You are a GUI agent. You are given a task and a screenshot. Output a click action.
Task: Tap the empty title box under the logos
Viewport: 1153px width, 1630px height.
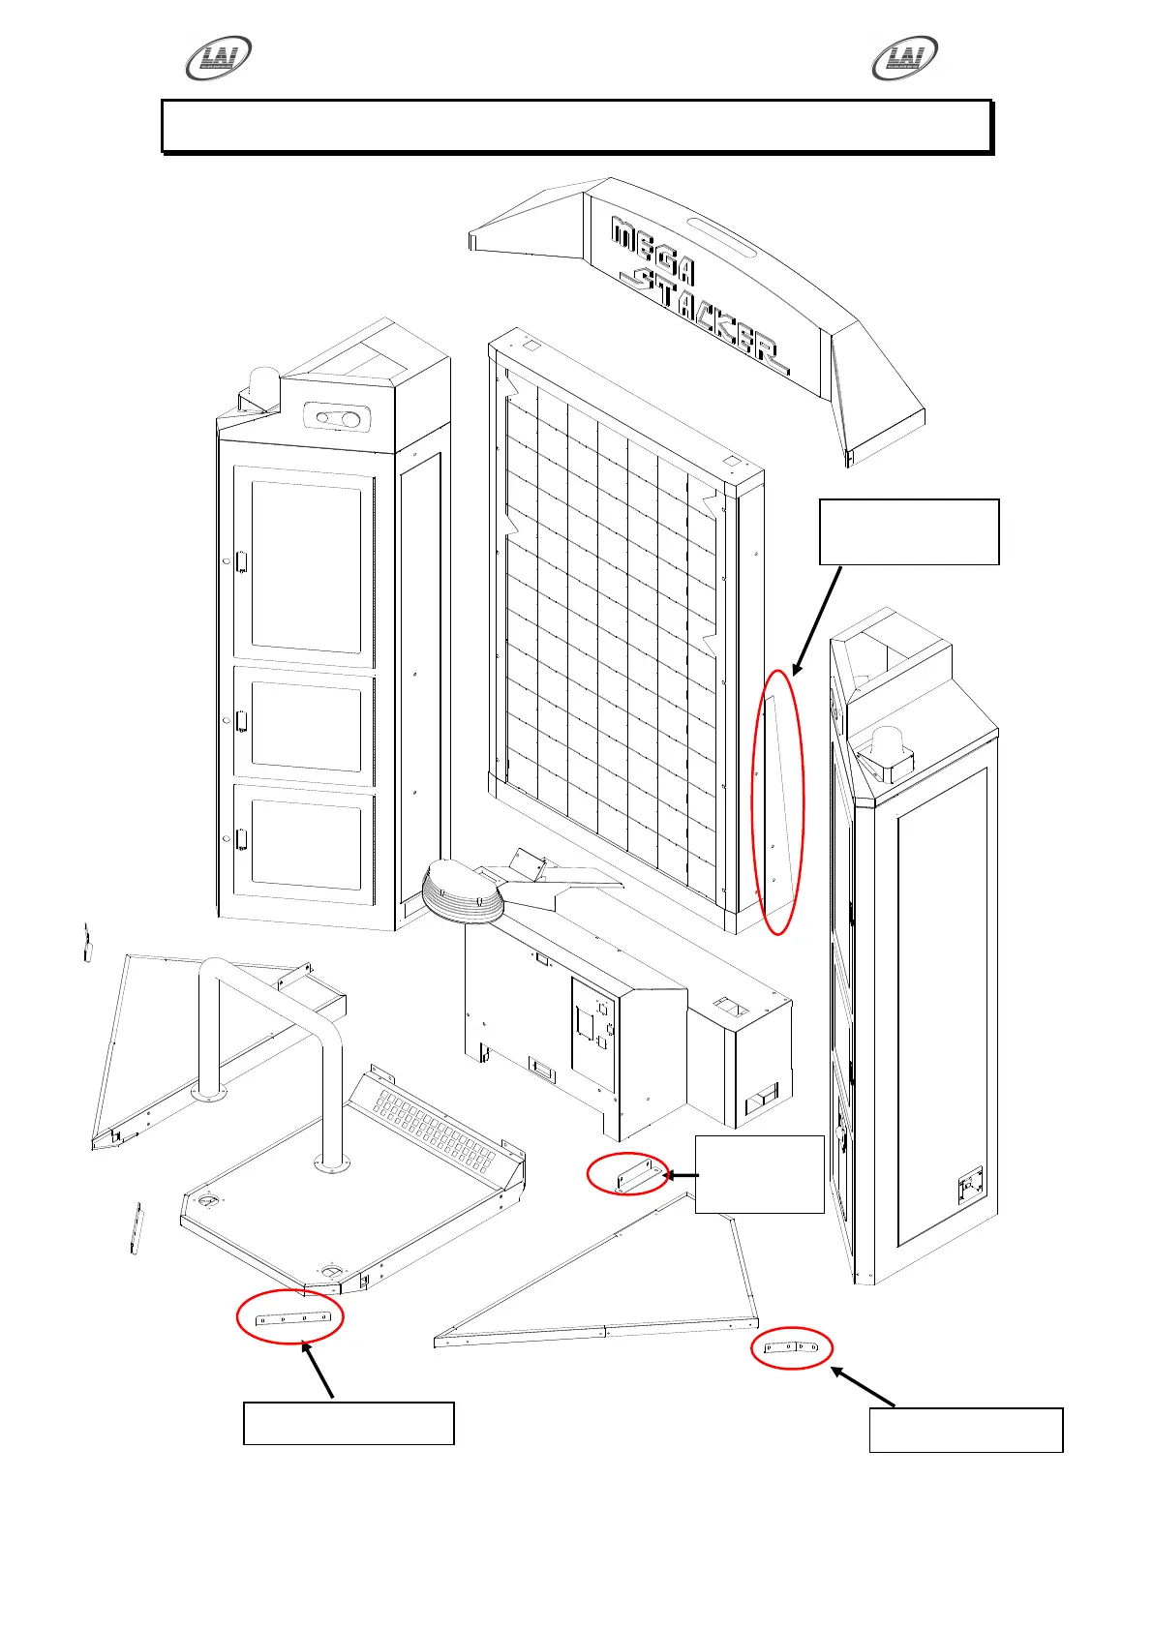click(x=576, y=126)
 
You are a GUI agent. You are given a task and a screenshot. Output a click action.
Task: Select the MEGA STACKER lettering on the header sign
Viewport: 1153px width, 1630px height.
click(x=697, y=290)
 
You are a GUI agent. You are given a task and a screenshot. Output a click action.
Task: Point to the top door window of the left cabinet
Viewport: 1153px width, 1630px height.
click(x=305, y=566)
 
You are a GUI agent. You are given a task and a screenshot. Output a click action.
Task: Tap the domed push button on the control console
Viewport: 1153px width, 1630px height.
click(x=462, y=893)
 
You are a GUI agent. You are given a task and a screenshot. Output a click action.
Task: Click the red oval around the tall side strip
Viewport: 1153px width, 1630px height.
click(x=778, y=800)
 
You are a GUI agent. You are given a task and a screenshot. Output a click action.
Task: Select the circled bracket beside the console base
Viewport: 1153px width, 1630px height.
click(x=628, y=1174)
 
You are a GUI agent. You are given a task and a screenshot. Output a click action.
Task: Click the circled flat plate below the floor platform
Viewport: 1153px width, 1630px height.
click(x=290, y=1317)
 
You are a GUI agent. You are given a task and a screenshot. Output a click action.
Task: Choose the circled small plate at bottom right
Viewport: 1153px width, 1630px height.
click(x=792, y=1347)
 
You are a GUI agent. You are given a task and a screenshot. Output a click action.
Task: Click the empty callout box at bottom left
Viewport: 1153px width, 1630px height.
click(x=349, y=1423)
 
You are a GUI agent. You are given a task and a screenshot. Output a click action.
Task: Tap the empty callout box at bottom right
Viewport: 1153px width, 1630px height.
click(x=965, y=1431)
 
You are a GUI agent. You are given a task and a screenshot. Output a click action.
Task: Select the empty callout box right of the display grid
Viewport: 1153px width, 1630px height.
click(x=908, y=531)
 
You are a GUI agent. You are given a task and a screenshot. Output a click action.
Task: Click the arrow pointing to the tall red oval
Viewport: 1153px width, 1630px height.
click(x=818, y=619)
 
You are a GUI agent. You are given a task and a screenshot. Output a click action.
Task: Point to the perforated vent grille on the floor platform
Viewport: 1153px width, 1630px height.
click(x=436, y=1128)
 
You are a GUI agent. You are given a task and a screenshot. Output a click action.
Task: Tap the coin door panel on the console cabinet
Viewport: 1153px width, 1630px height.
click(x=592, y=1026)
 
